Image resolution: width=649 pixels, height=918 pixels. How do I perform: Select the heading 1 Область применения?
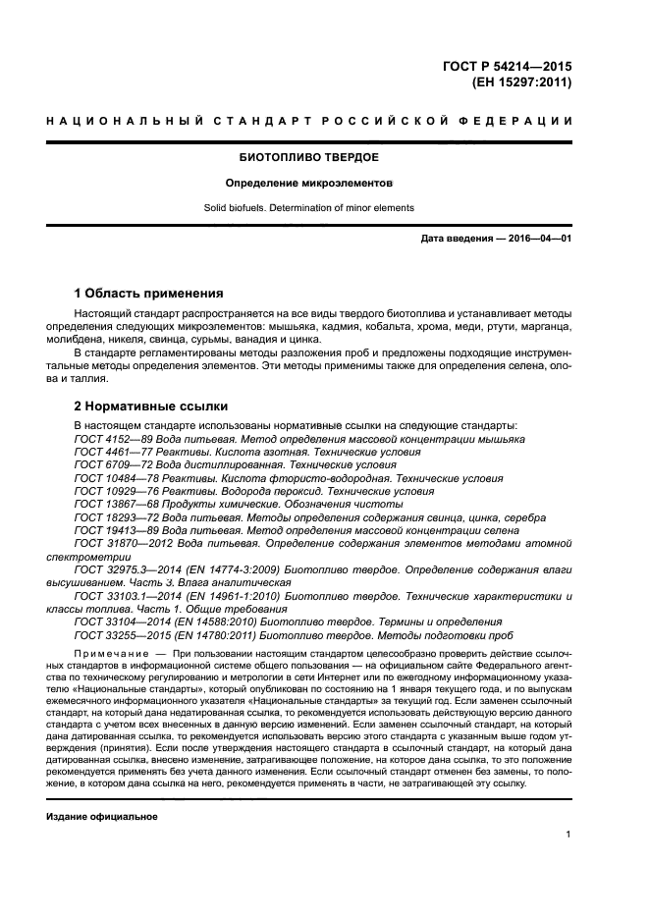tap(148, 294)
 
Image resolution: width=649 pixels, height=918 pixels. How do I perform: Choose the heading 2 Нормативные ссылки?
tap(151, 405)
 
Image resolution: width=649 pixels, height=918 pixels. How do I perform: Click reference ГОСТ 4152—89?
tap(111, 439)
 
